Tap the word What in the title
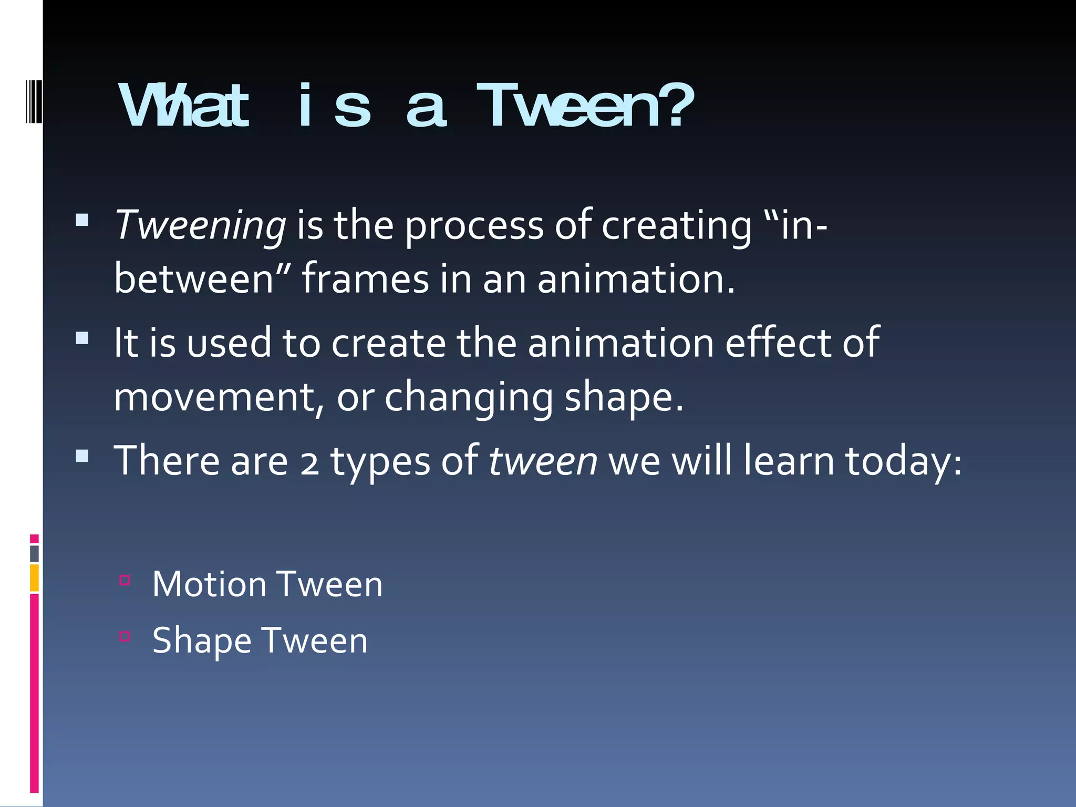click(183, 107)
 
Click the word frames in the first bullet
click(365, 279)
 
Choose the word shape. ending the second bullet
click(624, 398)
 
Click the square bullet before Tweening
click(82, 220)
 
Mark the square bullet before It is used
click(82, 337)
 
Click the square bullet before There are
click(82, 455)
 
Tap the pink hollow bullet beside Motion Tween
click(125, 580)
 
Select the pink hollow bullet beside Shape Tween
click(125, 636)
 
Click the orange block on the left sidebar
click(34, 577)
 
